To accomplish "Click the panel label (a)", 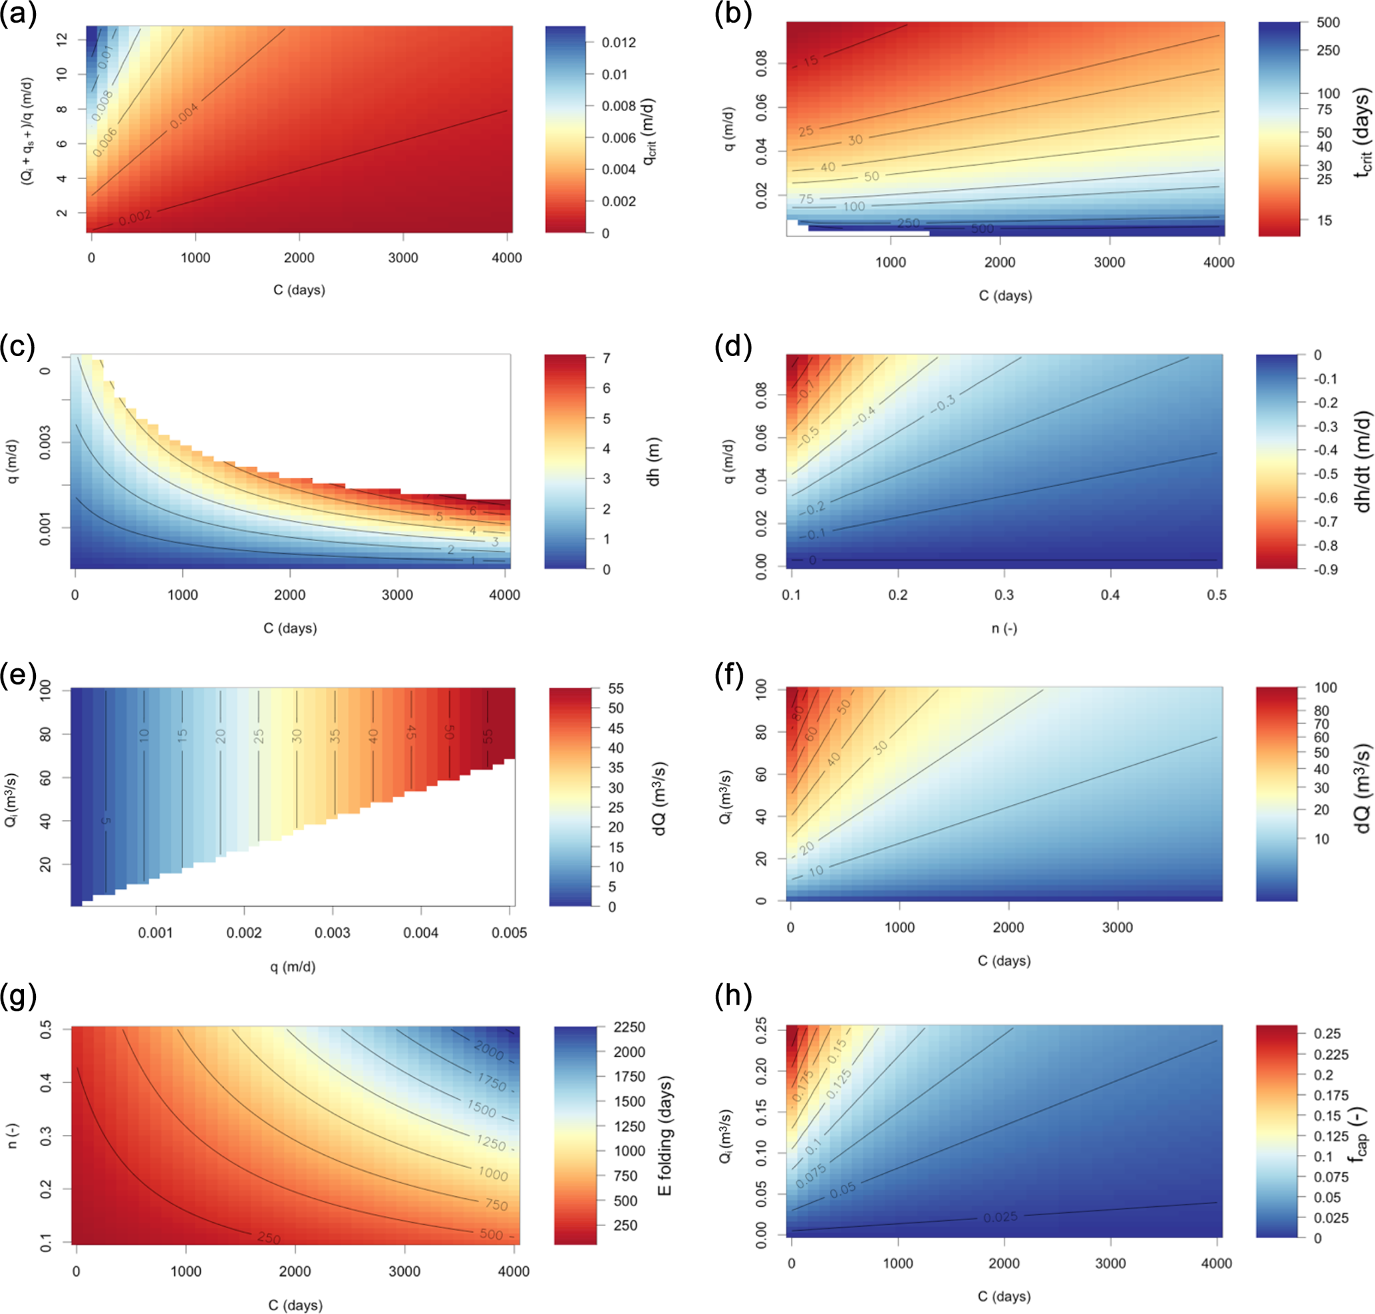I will [19, 14].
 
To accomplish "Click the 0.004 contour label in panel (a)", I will [184, 116].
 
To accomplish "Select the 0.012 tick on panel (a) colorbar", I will [619, 43].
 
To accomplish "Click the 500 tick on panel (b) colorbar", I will [1328, 23].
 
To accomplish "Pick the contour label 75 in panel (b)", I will [806, 199].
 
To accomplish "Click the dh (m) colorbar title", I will [653, 461].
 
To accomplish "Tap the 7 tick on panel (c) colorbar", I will [606, 359].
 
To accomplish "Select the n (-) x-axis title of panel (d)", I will [1004, 628].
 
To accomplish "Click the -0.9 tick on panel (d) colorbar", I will [1324, 569].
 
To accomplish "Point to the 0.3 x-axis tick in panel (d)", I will [1004, 594].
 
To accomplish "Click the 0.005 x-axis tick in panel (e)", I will [509, 933].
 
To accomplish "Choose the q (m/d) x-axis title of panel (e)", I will [293, 967].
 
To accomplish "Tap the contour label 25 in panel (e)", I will [258, 736].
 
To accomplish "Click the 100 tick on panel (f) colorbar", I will [1325, 688].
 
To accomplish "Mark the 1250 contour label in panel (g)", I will [491, 1142].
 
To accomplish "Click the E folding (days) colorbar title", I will [665, 1136].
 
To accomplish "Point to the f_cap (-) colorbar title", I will [1358, 1135].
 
